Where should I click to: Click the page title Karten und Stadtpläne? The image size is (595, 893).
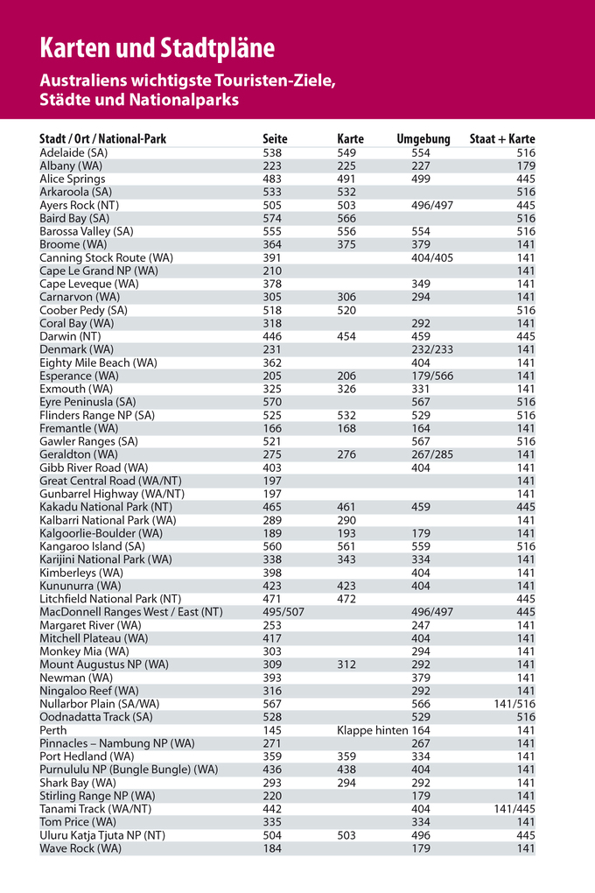[157, 47]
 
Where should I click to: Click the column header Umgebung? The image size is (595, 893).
[423, 139]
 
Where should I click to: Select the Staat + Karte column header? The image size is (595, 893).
[502, 139]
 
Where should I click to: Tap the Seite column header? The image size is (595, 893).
[275, 139]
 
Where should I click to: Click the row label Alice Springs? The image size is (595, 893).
[73, 179]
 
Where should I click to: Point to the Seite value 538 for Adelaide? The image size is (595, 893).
[272, 152]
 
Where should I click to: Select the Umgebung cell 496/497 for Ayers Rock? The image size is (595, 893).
[432, 205]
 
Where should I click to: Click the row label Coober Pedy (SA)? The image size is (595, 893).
[83, 310]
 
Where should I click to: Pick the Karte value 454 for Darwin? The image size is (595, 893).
[346, 336]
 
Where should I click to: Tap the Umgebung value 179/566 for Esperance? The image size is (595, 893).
[432, 376]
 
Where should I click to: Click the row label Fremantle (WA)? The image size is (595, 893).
[79, 428]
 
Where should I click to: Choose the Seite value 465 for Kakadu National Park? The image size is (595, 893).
[272, 507]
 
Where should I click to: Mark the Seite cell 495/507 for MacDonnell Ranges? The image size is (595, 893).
[283, 612]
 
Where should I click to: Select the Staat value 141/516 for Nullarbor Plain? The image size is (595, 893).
[514, 704]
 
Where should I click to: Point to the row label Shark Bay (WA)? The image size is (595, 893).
[78, 783]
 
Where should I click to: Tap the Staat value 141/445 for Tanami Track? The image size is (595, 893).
[514, 809]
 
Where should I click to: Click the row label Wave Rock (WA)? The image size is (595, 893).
[80, 848]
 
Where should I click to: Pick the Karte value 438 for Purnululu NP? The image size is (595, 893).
[346, 770]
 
